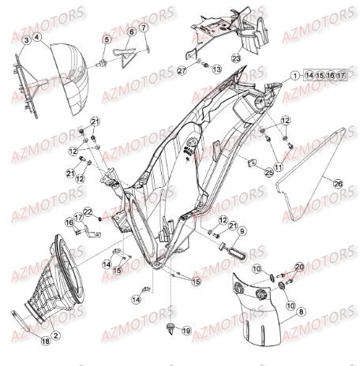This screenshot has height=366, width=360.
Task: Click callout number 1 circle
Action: point(294,77)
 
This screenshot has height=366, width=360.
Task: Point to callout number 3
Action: point(38,39)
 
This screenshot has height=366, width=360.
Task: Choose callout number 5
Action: point(132,32)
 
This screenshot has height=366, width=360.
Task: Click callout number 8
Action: point(243,230)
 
